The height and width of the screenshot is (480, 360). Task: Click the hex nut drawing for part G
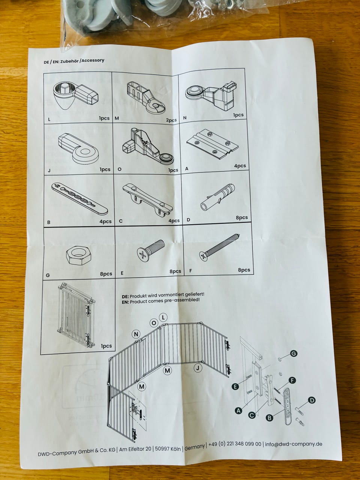(x=78, y=255)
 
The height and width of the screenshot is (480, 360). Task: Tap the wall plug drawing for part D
(x=218, y=197)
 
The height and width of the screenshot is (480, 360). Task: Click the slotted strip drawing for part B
(x=79, y=198)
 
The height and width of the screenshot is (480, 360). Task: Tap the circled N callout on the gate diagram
(x=136, y=334)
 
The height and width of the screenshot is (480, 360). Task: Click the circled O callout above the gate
(x=154, y=323)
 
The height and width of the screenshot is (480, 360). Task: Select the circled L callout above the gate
(x=163, y=317)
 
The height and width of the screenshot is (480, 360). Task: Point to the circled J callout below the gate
(x=198, y=368)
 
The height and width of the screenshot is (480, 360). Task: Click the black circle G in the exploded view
(x=294, y=353)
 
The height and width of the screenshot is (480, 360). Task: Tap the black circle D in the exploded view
(x=312, y=400)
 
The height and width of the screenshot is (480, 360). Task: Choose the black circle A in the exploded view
(x=238, y=411)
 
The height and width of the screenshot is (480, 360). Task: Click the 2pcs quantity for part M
(x=171, y=120)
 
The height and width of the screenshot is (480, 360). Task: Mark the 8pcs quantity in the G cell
(x=106, y=274)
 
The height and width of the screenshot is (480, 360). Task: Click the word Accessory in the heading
(x=93, y=60)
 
